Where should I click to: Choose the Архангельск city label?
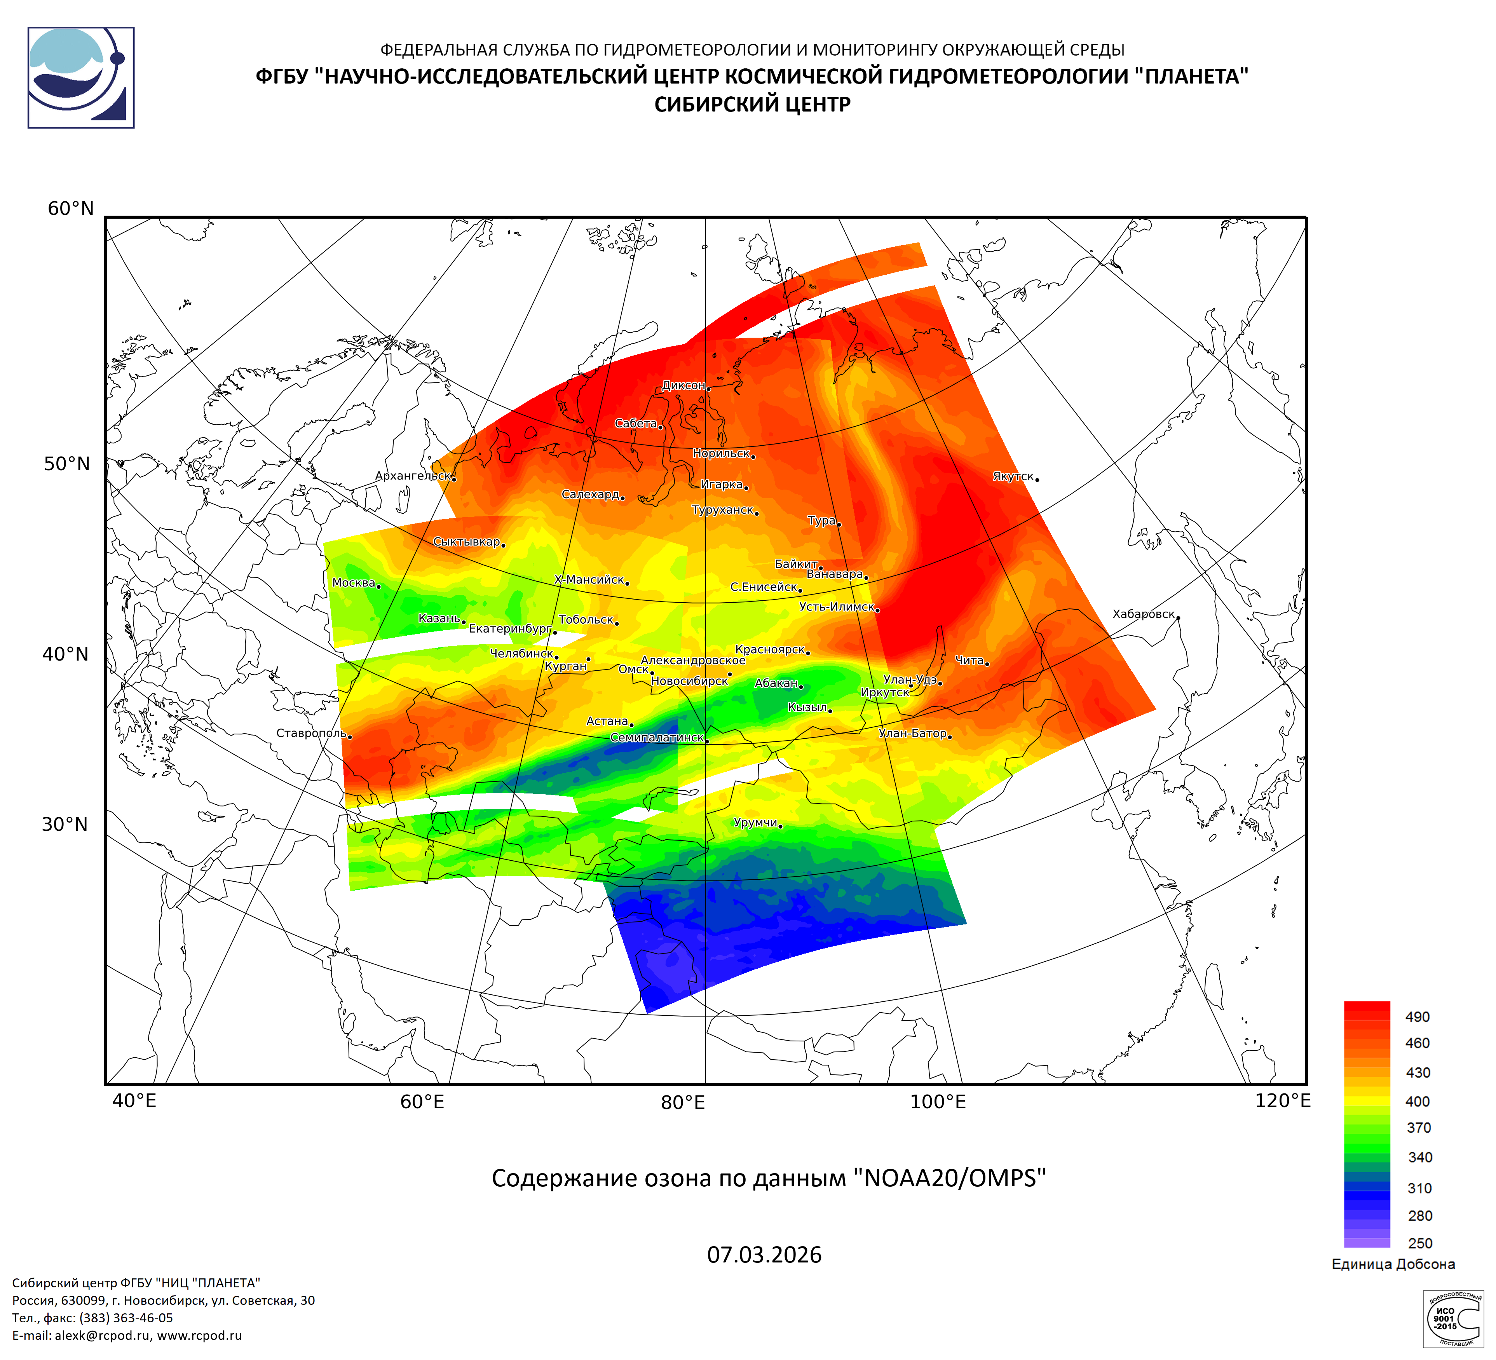[413, 476]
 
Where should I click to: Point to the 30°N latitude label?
[65, 824]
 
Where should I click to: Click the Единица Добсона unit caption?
[1393, 1264]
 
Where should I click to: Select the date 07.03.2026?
[764, 1255]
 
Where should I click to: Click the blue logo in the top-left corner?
[81, 78]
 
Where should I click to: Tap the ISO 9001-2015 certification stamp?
[1452, 1318]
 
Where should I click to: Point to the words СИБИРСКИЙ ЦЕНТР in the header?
[752, 105]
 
